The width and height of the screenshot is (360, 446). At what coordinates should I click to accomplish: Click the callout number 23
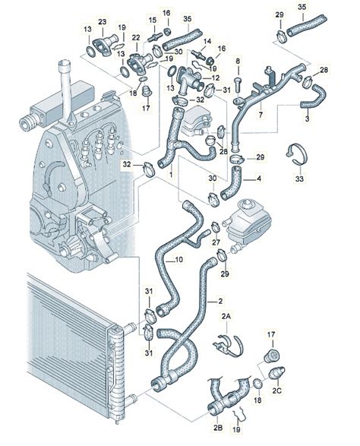[102, 21]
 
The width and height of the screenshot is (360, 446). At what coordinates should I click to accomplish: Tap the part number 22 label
[136, 37]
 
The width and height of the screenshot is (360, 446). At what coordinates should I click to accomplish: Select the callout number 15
[153, 20]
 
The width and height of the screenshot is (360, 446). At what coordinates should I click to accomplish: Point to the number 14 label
[207, 40]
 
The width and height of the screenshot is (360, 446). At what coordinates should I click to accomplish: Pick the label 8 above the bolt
[237, 60]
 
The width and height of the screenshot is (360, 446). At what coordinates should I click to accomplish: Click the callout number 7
[261, 115]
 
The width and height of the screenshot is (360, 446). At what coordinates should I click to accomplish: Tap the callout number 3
[306, 120]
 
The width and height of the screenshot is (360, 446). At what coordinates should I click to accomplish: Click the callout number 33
[297, 179]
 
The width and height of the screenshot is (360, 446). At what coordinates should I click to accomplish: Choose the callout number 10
[179, 260]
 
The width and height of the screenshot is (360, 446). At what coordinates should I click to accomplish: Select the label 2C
[277, 390]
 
